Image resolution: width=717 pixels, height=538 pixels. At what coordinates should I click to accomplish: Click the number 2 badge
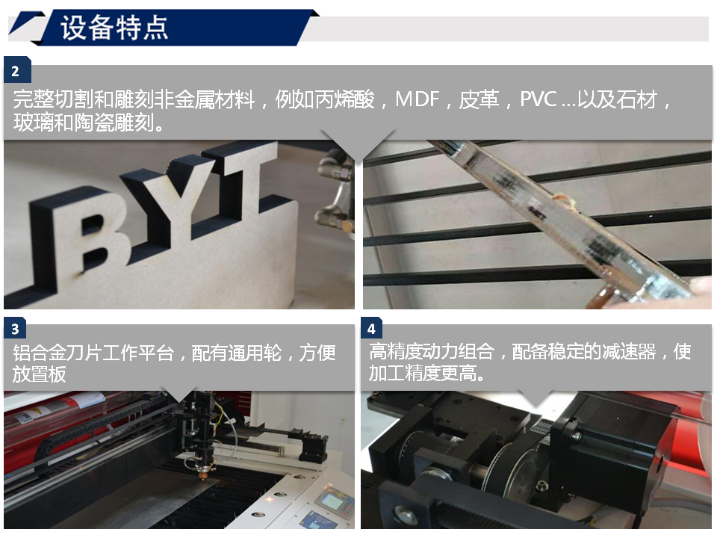[x=16, y=72]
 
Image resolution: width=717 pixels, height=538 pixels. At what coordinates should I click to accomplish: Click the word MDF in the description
[x=417, y=99]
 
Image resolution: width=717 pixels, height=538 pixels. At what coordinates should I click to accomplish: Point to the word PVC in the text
[x=538, y=99]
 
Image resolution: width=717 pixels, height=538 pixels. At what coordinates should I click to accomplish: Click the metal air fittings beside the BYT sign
[x=332, y=187]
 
